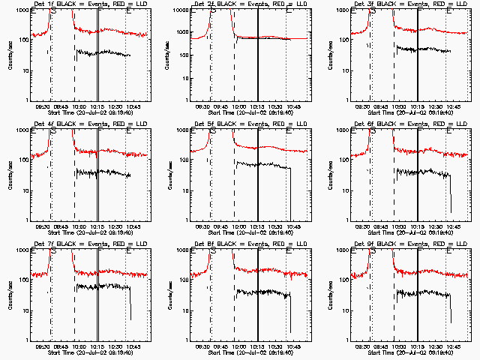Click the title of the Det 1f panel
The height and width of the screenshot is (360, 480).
click(x=78, y=4)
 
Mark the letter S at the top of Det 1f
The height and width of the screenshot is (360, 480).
click(x=52, y=13)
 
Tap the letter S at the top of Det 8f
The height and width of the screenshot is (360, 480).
click(x=213, y=253)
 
